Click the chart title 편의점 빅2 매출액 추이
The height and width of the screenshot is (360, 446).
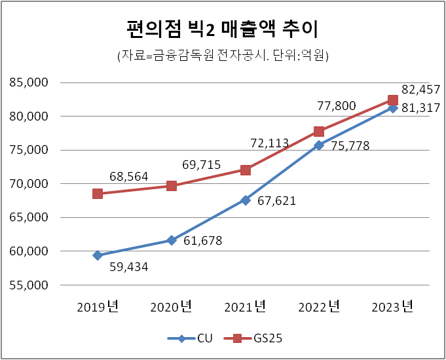coord(223,29)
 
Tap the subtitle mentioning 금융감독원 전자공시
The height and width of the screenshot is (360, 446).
coord(223,56)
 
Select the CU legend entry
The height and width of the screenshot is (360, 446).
coord(193,338)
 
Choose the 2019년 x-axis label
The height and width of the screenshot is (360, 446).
coord(98,306)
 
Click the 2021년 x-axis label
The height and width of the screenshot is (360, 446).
coord(245,306)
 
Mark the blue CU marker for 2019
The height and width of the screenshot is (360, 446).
coord(98,255)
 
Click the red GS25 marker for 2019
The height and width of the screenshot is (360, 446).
coord(98,194)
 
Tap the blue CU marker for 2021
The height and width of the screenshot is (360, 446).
coord(245,200)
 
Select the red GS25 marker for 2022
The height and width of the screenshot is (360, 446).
coord(319,132)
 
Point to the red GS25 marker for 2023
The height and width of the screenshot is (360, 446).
coord(393,100)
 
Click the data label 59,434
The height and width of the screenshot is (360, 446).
coord(130,268)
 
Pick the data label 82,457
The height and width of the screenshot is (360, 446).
coord(420,89)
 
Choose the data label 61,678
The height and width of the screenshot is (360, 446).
coord(203,241)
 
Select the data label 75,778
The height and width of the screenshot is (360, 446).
coord(350,146)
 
